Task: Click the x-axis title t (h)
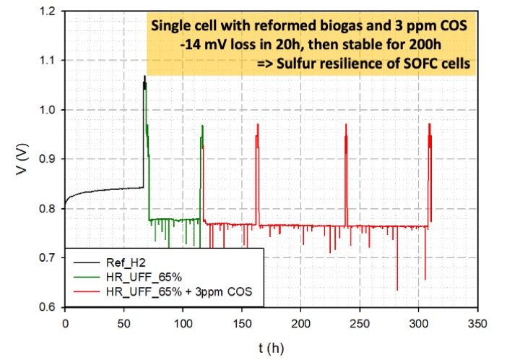[272, 348]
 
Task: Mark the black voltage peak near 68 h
[144, 77]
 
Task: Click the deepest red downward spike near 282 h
[397, 289]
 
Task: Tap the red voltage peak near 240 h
[347, 125]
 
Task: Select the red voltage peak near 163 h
[257, 125]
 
